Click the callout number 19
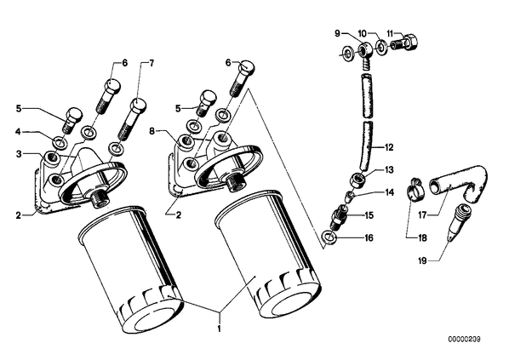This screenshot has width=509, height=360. point(422,260)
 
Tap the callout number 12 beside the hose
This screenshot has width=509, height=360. point(389,147)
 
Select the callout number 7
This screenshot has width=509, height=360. point(152,63)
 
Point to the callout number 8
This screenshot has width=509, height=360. point(152,131)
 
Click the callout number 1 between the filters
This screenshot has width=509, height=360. point(220,329)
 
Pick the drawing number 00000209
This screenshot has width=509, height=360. point(464,340)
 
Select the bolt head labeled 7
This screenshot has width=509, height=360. point(138,106)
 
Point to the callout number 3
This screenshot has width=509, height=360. point(20,154)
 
